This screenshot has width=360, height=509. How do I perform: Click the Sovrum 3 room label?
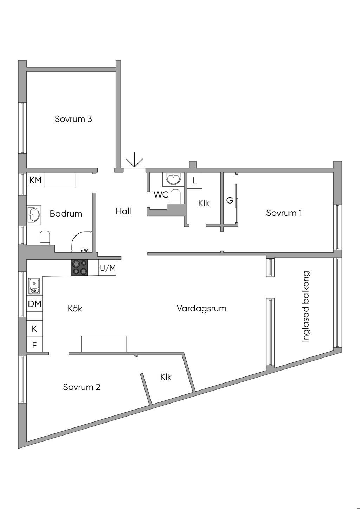(73, 119)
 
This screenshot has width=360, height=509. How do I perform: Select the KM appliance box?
(35, 180)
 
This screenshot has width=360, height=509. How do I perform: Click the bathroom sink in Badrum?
(34, 214)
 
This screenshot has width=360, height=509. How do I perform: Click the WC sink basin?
(174, 179)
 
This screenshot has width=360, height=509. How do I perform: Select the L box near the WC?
(194, 181)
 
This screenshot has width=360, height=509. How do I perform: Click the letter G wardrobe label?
(230, 200)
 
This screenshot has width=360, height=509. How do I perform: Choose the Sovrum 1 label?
(284, 213)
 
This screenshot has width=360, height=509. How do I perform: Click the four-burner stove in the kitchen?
(79, 268)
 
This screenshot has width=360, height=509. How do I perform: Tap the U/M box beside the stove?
(108, 268)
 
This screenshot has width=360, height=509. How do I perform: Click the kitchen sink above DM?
(34, 286)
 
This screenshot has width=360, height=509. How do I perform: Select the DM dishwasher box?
(34, 304)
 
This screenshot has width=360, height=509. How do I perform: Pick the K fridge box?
(34, 329)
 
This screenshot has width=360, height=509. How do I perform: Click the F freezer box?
(34, 345)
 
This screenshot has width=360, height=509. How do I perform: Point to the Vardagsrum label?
(201, 309)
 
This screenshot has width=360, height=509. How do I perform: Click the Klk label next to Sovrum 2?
(166, 377)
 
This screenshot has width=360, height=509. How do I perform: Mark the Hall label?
(123, 211)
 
